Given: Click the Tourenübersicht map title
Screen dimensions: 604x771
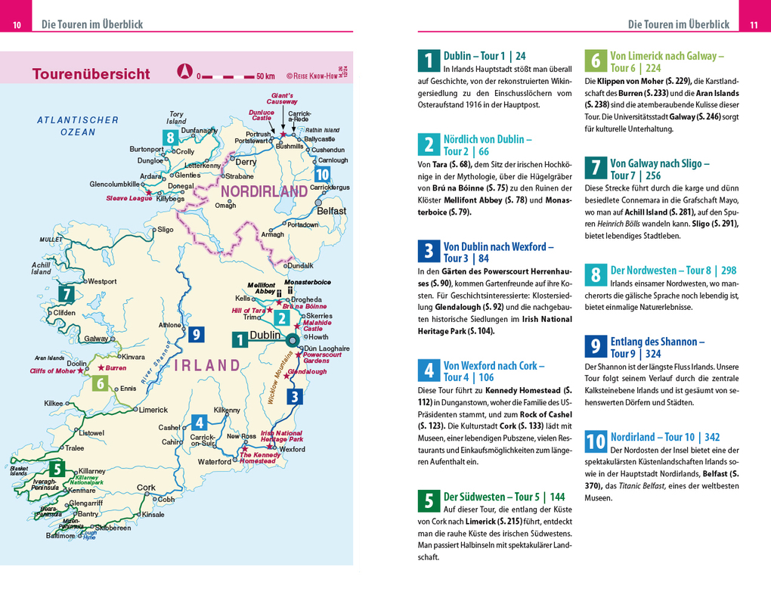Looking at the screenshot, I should [x=91, y=74].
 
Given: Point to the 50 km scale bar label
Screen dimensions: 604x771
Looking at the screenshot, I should [x=265, y=76].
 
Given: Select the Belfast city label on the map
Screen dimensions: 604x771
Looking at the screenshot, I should [x=331, y=211].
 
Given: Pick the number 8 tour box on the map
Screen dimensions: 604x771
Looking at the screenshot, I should [x=172, y=138].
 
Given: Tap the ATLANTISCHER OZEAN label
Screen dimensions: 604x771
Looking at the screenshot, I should [x=78, y=125].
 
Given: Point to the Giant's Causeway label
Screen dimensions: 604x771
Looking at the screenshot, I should [x=282, y=98].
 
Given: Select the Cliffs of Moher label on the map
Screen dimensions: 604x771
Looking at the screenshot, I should [x=52, y=371].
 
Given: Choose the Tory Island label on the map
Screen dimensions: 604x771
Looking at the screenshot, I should [x=176, y=118].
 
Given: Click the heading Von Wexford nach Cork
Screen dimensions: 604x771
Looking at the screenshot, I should [x=494, y=371].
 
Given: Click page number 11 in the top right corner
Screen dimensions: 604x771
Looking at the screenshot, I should [x=753, y=26].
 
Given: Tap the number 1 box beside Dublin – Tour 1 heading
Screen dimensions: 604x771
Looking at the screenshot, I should [x=428, y=61].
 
